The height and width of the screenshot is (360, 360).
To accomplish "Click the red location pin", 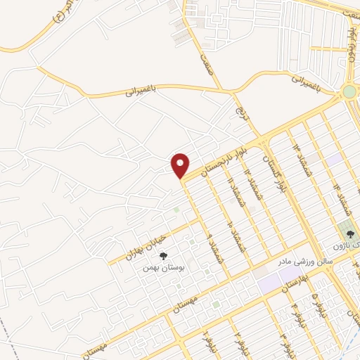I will pos(181,165).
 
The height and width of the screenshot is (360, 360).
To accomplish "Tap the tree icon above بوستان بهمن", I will pos(163,257).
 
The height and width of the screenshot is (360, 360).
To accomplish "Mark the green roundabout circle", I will pos(350,92).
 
